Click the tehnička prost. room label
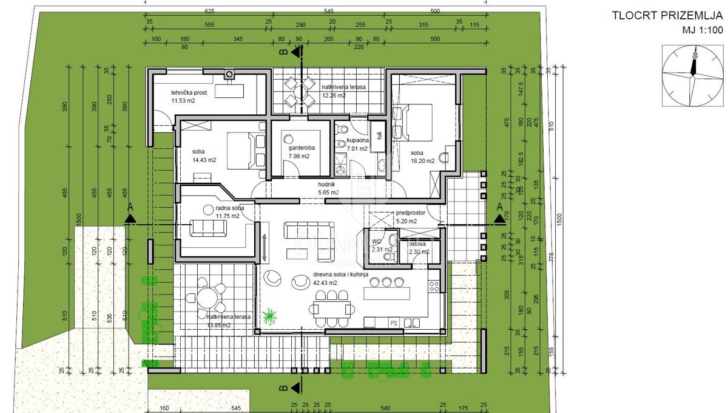(x=190, y=93)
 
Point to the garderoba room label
(x=295, y=147)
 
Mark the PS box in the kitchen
(x=393, y=323)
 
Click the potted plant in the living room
(x=270, y=316)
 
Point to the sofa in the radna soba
(x=208, y=228)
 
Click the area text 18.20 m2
(x=422, y=161)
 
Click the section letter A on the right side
(x=499, y=207)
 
